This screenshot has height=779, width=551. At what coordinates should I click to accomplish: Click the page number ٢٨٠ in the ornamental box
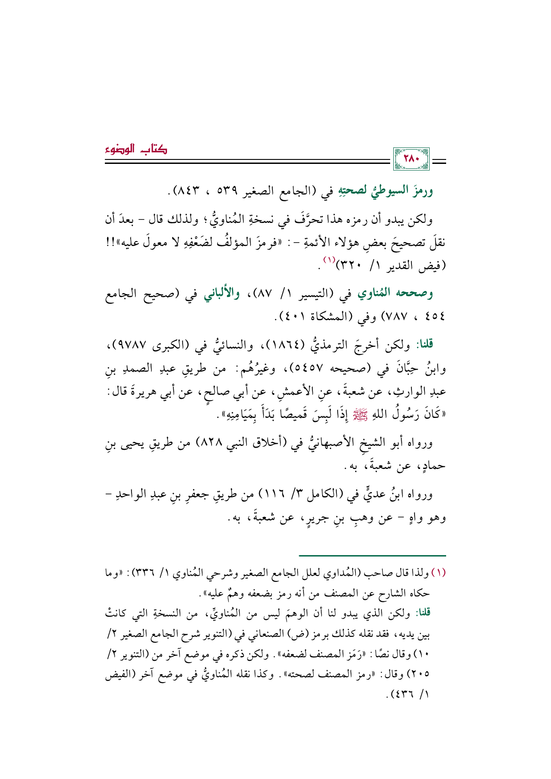pyautogui.click(x=411, y=159)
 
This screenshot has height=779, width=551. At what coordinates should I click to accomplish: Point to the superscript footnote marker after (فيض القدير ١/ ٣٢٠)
pyautogui.click(x=330, y=259)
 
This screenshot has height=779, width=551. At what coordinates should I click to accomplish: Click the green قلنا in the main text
pyautogui.click(x=423, y=344)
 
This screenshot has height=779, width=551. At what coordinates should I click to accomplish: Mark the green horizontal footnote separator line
pyautogui.click(x=372, y=556)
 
